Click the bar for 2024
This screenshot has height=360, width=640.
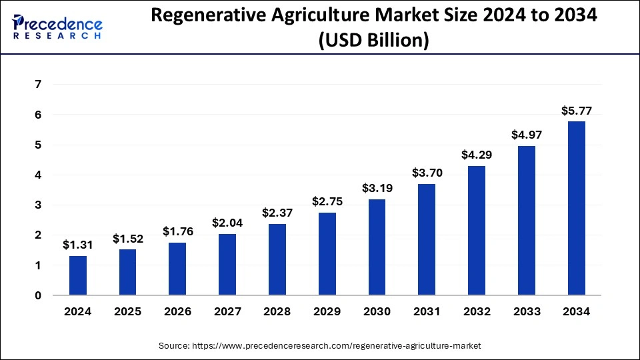point(78,275)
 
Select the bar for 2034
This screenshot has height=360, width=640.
point(577,208)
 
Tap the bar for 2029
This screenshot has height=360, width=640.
point(327,253)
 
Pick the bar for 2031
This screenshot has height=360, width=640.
point(427,239)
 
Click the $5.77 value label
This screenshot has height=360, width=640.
point(577,111)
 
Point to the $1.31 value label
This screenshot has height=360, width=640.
point(78,245)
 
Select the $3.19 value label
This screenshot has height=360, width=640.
point(377,189)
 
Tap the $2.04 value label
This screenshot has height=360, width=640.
point(228,223)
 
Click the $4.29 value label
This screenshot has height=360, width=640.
point(477,155)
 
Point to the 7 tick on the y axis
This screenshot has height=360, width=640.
point(38,85)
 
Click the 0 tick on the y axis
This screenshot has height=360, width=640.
point(38,295)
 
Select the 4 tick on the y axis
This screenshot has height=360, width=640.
point(38,175)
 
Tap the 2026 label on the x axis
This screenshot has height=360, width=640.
point(178,311)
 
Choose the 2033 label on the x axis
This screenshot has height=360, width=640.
point(527,311)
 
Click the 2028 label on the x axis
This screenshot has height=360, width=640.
point(277,311)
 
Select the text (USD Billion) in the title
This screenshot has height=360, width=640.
point(373,41)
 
